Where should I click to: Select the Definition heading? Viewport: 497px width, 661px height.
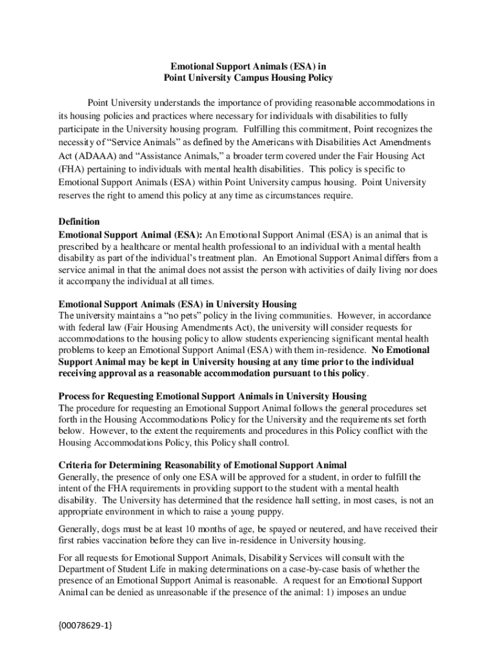pyautogui.click(x=79, y=221)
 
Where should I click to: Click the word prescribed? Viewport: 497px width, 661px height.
pyautogui.click(x=81, y=247)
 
